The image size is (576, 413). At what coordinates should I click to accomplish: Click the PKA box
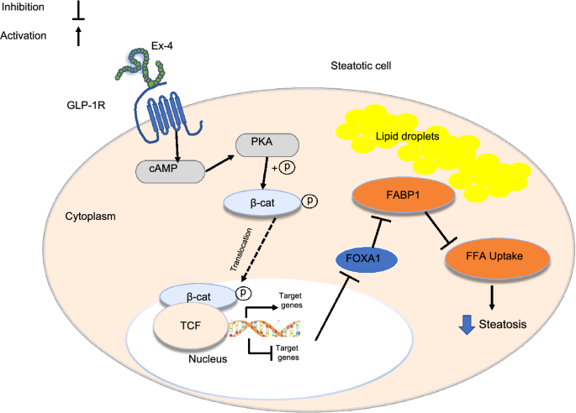[267, 145]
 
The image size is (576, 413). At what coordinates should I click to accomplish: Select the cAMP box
[170, 171]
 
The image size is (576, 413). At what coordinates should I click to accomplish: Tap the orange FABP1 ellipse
[404, 195]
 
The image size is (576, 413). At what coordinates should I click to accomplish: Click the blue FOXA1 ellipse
[367, 259]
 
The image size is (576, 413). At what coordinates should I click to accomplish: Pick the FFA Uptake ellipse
[498, 257]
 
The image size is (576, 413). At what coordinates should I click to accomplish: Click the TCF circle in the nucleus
[191, 326]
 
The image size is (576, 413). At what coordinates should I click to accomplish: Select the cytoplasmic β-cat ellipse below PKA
[262, 203]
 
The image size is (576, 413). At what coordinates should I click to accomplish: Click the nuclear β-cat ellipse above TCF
[198, 296]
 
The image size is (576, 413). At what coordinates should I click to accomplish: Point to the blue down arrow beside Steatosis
[467, 325]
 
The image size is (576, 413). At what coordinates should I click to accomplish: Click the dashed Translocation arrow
[258, 249]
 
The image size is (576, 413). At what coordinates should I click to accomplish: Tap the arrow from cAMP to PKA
[219, 163]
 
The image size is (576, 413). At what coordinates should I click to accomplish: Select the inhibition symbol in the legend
[78, 10]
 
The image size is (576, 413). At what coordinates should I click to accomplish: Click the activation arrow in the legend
[78, 37]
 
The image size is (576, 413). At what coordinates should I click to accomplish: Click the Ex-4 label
[162, 46]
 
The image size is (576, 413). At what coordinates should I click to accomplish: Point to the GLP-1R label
[86, 105]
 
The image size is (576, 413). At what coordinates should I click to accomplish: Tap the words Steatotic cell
[361, 65]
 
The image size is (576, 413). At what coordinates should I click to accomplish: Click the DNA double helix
[265, 328]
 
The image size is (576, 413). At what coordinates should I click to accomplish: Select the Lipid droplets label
[407, 137]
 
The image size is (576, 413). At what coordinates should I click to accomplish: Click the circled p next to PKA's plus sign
[288, 167]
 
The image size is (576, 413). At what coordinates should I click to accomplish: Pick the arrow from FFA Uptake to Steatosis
[492, 297]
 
